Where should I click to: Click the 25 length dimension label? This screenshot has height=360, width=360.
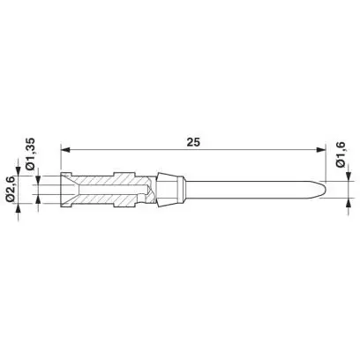tap(193, 142)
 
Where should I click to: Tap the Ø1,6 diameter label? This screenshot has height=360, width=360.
tap(341, 154)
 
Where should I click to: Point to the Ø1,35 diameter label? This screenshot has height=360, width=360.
tap(30, 154)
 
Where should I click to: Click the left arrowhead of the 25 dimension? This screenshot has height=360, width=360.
tap(64, 150)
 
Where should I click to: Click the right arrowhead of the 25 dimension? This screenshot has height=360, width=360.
tap(321, 150)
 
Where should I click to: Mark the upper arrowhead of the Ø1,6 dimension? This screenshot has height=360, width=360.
tap(349, 176)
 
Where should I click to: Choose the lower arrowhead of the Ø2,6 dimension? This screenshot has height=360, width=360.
tap(19, 208)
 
